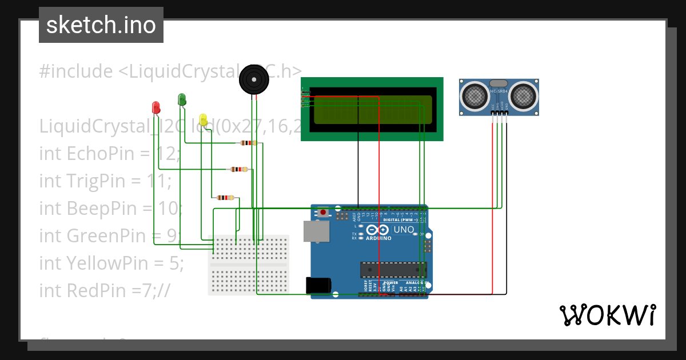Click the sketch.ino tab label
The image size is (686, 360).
coord(101,25)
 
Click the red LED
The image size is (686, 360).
coord(155,107)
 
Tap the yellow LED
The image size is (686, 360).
coord(203,119)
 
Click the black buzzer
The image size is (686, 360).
coord(253,80)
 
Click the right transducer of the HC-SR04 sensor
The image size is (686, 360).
coord(524,95)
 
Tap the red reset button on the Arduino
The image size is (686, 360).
coord(324,213)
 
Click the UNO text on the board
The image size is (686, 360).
coord(404,229)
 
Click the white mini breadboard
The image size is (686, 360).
coord(249,265)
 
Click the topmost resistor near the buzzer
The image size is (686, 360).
coord(249,143)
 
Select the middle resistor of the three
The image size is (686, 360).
coord(238,169)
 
